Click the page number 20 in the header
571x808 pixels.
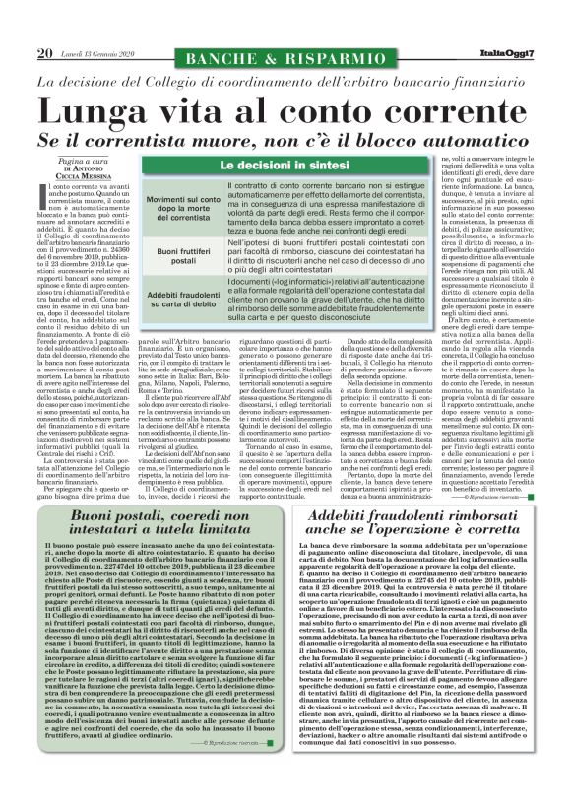pyautogui.click(x=44, y=53)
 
